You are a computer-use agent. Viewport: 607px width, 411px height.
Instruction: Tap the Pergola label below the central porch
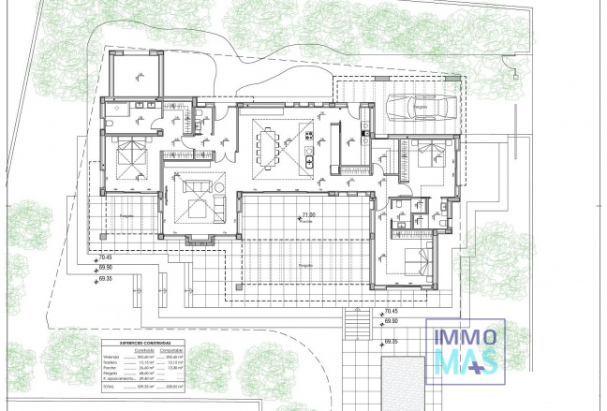[305, 266]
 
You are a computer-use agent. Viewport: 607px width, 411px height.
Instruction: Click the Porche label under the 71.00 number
[305, 223]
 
